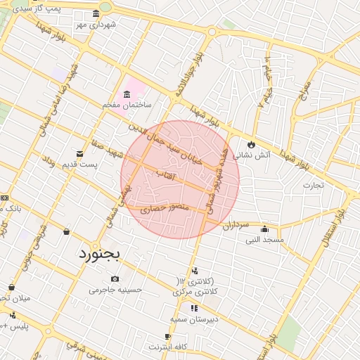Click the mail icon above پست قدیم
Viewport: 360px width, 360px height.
pos(79,153)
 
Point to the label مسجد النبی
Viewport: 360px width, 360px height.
pos(264,240)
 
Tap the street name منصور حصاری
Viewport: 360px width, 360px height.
pos(162,209)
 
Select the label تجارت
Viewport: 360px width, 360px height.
pos(312,186)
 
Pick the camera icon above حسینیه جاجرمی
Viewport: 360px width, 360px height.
pos(115,279)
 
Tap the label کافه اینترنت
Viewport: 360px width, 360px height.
pos(172,347)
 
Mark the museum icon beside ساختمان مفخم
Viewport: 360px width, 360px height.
pos(127,94)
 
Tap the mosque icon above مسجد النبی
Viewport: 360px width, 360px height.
pos(264,229)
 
